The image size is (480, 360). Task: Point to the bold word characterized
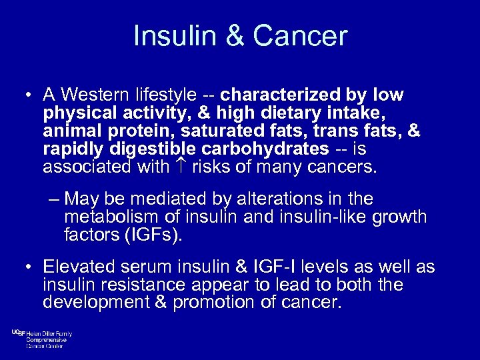click(x=281, y=95)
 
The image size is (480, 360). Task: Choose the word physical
click(x=73, y=113)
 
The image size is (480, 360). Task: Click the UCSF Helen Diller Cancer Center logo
click(x=41, y=339)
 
